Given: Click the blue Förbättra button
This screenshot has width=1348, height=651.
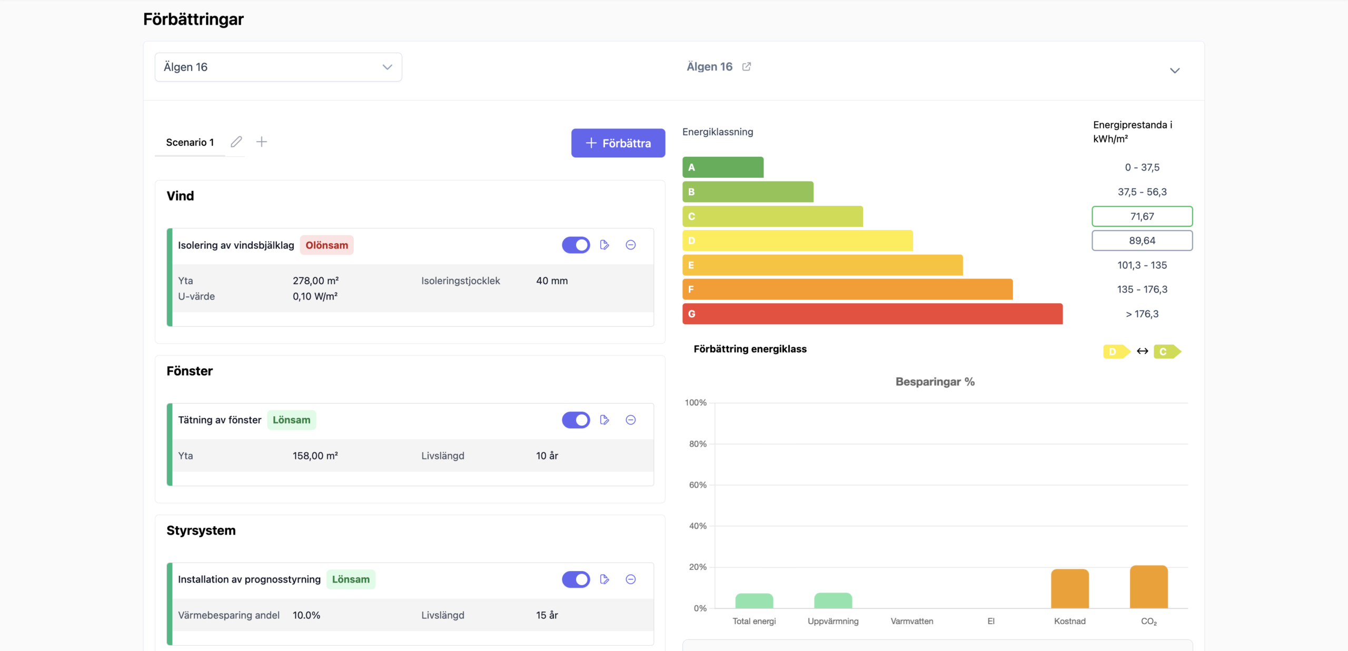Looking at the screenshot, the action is click(x=618, y=143).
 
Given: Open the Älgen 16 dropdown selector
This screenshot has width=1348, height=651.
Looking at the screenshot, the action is click(x=278, y=67).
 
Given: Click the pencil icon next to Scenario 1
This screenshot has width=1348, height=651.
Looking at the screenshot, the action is click(x=236, y=142).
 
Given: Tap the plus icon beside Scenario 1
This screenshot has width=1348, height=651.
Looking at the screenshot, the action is click(x=262, y=142).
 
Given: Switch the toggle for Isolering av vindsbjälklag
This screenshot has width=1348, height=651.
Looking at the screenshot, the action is click(x=576, y=245).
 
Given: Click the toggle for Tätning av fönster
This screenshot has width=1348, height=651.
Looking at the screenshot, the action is click(x=576, y=420).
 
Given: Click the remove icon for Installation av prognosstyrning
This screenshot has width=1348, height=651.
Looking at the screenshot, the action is click(x=631, y=579).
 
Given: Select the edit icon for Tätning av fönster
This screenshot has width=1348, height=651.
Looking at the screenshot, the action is click(x=604, y=420).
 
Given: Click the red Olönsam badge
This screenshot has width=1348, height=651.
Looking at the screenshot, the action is click(x=327, y=245).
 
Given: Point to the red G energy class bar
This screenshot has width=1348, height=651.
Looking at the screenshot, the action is click(x=873, y=314).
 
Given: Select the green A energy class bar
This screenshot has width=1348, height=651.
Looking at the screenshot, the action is click(x=723, y=167).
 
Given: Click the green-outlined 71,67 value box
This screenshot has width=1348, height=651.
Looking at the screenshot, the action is click(x=1142, y=216).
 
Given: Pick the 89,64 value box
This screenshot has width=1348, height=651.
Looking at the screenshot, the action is click(x=1142, y=241).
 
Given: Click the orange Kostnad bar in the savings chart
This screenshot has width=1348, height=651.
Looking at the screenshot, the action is click(x=1070, y=588).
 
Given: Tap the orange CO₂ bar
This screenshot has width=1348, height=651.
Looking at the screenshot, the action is click(x=1149, y=587).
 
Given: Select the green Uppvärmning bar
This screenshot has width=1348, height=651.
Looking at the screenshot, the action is click(x=833, y=600).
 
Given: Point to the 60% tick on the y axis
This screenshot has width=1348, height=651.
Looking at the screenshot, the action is click(x=698, y=485).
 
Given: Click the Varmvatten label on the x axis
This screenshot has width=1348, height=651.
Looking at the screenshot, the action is click(x=912, y=621).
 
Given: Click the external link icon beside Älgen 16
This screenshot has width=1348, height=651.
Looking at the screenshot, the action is click(x=747, y=66).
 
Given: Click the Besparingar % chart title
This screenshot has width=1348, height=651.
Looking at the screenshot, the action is click(x=935, y=382).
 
